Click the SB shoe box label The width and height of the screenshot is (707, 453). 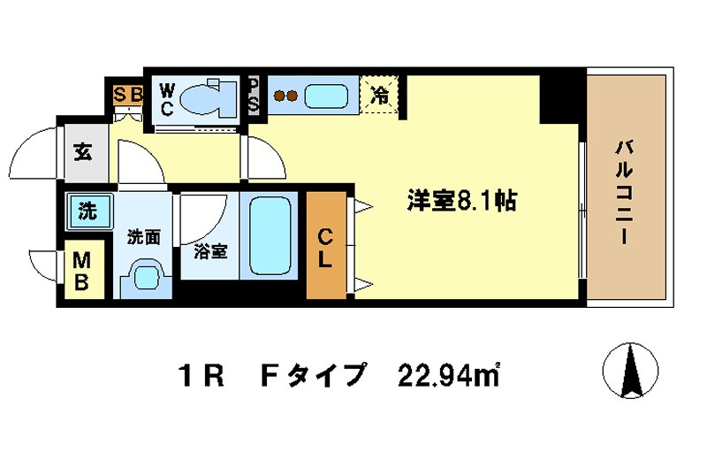point(128,91)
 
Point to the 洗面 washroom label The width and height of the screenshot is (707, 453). point(142,236)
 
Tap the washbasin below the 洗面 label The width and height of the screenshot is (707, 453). point(146,277)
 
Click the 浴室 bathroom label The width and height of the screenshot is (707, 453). point(209,251)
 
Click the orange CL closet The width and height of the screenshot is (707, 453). point(326,247)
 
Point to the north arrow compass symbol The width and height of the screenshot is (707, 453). point(631,370)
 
